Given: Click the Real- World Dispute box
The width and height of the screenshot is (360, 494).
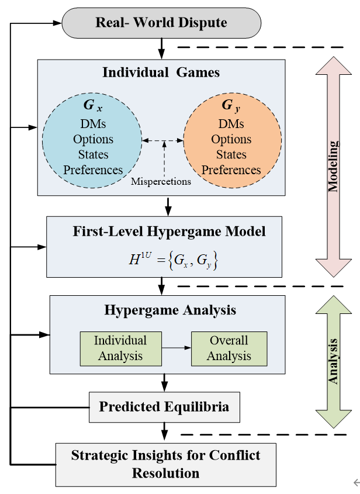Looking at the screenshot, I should [161, 23].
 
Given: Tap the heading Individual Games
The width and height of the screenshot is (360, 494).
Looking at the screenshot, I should [161, 72].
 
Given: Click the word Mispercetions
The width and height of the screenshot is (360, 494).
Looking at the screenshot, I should [161, 181].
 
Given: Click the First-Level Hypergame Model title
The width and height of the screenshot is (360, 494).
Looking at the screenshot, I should [169, 232].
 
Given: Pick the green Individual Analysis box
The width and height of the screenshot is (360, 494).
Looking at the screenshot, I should [120, 348].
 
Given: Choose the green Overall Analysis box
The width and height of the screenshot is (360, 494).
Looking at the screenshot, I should [229, 348].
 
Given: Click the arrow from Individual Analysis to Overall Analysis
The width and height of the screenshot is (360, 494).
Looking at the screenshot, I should [176, 348].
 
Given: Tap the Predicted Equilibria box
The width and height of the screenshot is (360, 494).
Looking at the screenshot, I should [164, 406].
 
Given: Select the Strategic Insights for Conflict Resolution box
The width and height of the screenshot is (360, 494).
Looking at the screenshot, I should [166, 464].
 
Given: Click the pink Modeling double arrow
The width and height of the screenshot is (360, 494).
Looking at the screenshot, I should [333, 167].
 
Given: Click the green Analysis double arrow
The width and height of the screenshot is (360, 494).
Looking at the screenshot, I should [333, 361].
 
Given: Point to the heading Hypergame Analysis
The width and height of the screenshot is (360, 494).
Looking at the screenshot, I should [170, 310].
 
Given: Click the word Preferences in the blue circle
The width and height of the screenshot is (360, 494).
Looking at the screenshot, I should [94, 170].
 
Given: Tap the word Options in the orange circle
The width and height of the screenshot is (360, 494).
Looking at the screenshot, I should [231, 140].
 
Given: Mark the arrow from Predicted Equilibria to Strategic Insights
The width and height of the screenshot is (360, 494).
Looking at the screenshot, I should [164, 431].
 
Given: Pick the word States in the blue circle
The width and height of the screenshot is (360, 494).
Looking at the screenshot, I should [94, 155].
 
